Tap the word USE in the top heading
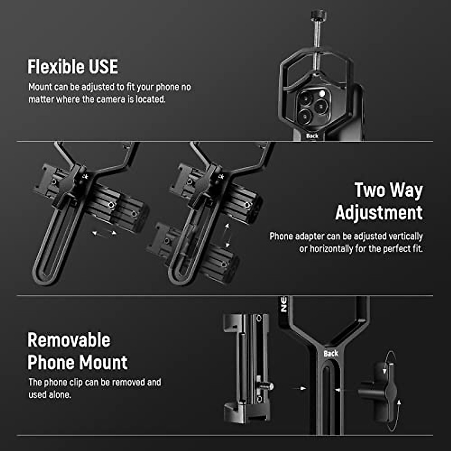(103, 67)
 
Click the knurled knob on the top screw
(319, 15)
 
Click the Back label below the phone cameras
(312, 136)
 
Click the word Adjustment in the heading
(379, 213)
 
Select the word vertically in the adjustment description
(406, 236)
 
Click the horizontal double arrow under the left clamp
(104, 233)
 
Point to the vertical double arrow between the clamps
(227, 235)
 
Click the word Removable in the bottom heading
(69, 340)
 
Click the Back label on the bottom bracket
(331, 353)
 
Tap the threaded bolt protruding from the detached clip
(267, 386)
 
